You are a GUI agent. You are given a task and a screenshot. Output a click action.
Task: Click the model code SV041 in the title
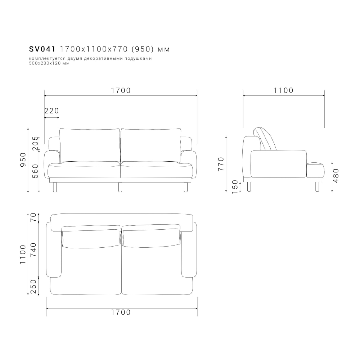pyautogui.click(x=42, y=49)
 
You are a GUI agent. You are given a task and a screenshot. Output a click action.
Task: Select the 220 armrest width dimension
pyautogui.click(x=51, y=111)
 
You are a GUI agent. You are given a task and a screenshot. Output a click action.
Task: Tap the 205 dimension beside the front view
pyautogui.click(x=35, y=144)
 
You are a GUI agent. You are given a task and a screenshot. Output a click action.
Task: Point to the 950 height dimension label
pyautogui.click(x=23, y=159)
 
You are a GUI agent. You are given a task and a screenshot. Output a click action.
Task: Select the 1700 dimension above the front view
pyautogui.click(x=121, y=91)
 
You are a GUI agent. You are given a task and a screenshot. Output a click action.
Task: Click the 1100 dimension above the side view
pyautogui.click(x=284, y=91)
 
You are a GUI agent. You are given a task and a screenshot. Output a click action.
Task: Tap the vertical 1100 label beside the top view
pyautogui.click(x=23, y=254)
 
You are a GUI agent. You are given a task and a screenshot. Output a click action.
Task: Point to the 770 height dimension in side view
pyautogui.click(x=221, y=164)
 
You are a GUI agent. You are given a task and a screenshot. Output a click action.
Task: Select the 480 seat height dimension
pyautogui.click(x=336, y=176)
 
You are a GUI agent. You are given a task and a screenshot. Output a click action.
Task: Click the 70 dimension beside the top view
pyautogui.click(x=34, y=218)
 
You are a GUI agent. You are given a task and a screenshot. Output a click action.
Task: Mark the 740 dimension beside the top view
pyautogui.click(x=34, y=249)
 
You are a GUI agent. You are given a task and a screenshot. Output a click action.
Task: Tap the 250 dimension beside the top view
pyautogui.click(x=34, y=287)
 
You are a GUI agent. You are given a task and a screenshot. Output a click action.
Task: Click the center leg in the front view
pyautogui.click(x=120, y=186)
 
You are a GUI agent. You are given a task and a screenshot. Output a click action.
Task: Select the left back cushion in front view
pyautogui.click(x=90, y=145)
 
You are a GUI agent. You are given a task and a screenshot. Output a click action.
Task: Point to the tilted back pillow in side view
pyautogui.click(x=266, y=139)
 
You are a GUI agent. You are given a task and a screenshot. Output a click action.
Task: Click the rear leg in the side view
pyautogui.click(x=249, y=186)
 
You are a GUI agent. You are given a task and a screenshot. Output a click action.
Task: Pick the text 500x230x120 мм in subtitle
pyautogui.click(x=49, y=63)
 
